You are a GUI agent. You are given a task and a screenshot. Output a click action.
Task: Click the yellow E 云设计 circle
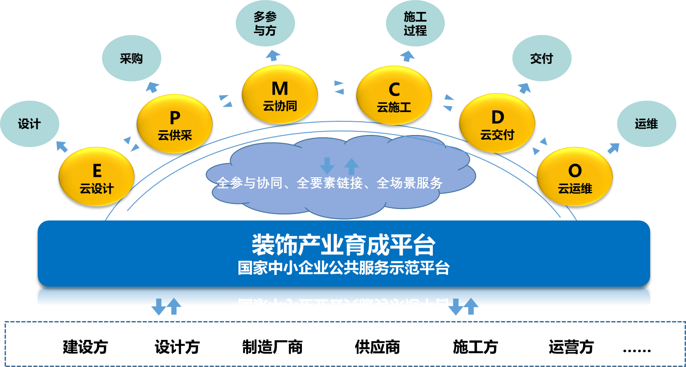coord(96,177)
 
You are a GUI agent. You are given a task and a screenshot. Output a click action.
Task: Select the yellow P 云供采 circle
coord(175,124)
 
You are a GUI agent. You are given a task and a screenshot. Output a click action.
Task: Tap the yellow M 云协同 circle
coord(279,94)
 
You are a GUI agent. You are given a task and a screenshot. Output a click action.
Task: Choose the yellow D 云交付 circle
coord(497,124)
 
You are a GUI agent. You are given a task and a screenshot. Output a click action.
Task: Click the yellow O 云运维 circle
coord(574,177)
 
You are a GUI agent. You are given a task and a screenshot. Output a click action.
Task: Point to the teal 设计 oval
coord(29,124)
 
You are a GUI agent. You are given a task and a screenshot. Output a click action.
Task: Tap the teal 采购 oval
coord(131,59)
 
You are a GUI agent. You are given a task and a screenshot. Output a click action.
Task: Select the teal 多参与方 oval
coord(265,24)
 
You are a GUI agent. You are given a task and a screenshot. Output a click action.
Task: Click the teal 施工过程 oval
coord(415,24)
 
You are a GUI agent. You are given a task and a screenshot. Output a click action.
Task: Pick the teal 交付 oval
coord(541,59)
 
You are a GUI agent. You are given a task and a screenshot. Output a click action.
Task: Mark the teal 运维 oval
coord(646,124)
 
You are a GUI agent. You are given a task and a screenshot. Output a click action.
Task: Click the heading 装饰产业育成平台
coord(343,244)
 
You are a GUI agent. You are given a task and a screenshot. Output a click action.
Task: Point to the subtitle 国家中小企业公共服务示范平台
coord(343,268)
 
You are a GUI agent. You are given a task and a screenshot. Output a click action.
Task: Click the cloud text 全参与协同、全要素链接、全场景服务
coord(329,183)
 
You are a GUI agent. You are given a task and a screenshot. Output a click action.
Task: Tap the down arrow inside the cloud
coord(327,165)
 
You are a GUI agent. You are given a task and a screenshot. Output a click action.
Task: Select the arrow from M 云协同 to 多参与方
coord(274,56)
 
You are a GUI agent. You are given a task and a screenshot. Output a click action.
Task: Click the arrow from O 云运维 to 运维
coord(613,148)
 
